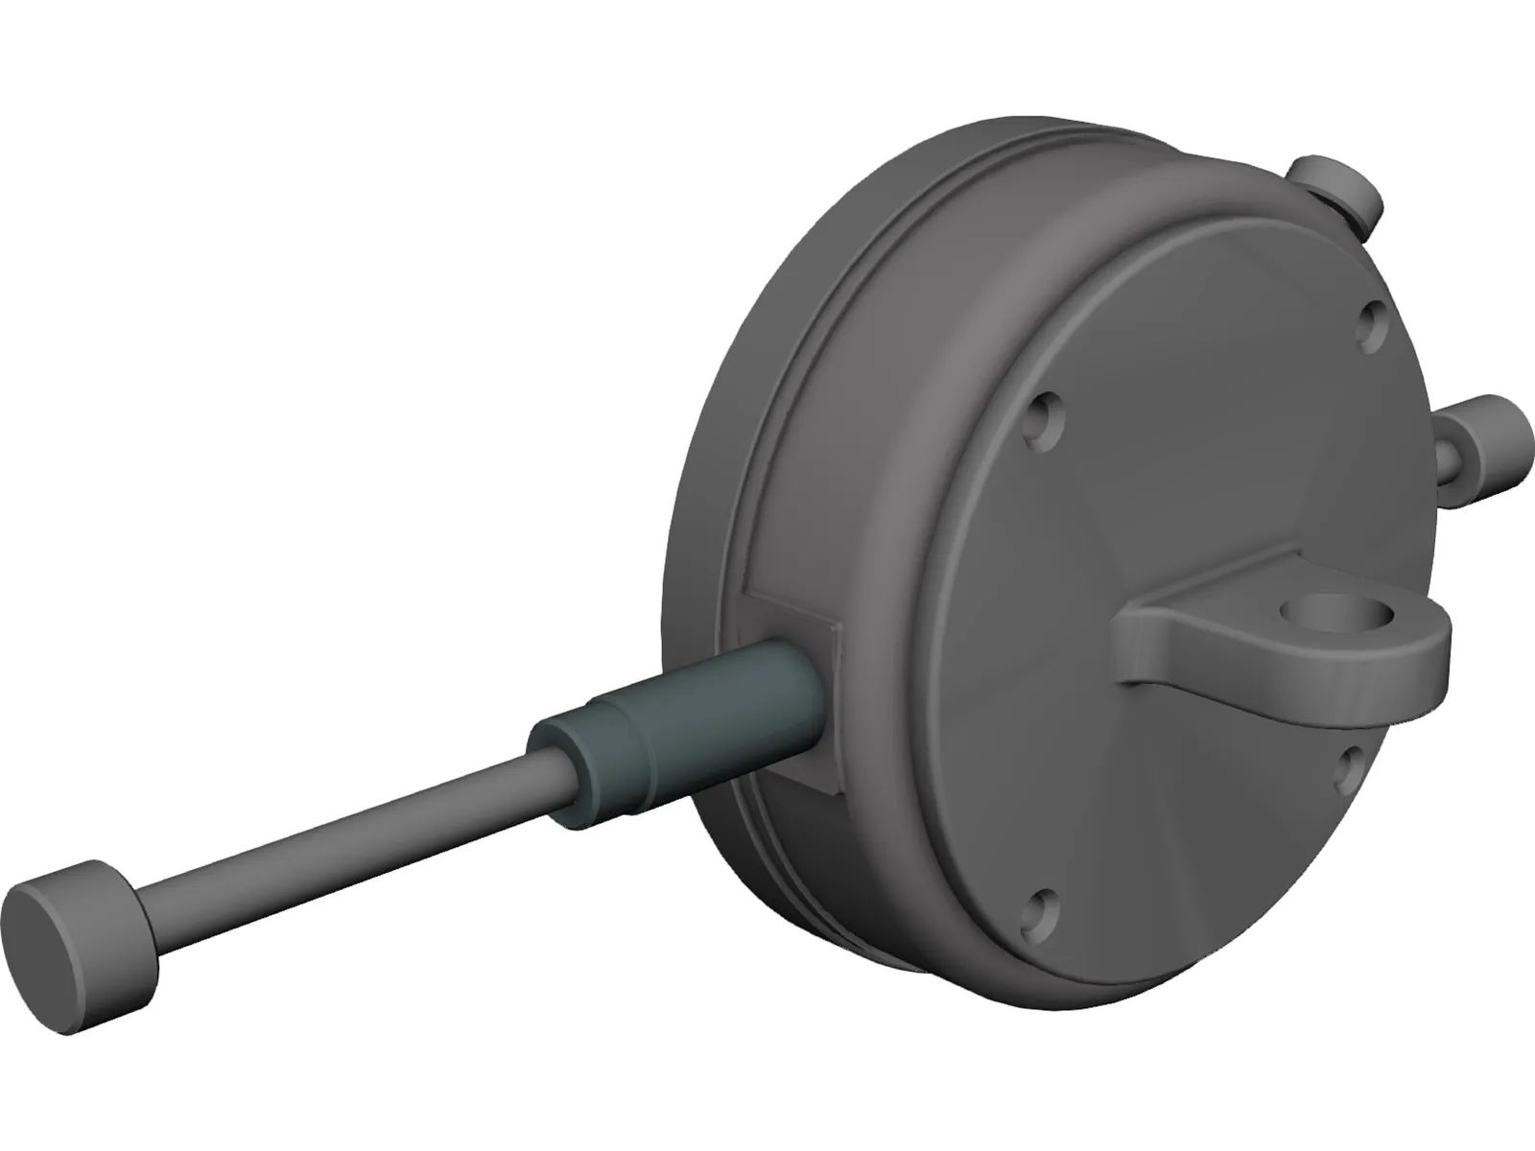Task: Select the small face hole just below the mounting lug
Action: click(x=1349, y=766)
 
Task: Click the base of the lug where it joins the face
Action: click(x=1151, y=652)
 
